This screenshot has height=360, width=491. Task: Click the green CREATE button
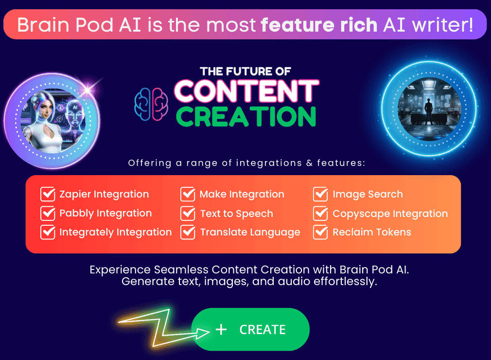point(250,329)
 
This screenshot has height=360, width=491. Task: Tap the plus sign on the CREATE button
point(221,330)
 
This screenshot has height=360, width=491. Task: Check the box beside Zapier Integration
point(48,194)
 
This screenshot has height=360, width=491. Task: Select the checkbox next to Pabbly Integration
point(48,213)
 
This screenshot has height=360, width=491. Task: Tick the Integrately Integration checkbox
point(48,232)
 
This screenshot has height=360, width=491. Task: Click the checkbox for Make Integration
point(188,194)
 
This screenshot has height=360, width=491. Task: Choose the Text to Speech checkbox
point(188,213)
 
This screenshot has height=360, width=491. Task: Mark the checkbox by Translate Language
point(188,232)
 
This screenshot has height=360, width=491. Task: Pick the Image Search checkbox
point(320,194)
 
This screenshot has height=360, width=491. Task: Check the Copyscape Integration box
point(320,213)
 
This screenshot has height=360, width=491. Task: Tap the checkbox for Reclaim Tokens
point(320,232)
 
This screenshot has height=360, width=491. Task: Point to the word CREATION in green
point(246,116)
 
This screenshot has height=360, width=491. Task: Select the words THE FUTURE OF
point(245,72)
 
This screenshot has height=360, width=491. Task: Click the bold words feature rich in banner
point(319,25)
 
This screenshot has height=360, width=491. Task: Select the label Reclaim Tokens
point(372,233)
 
